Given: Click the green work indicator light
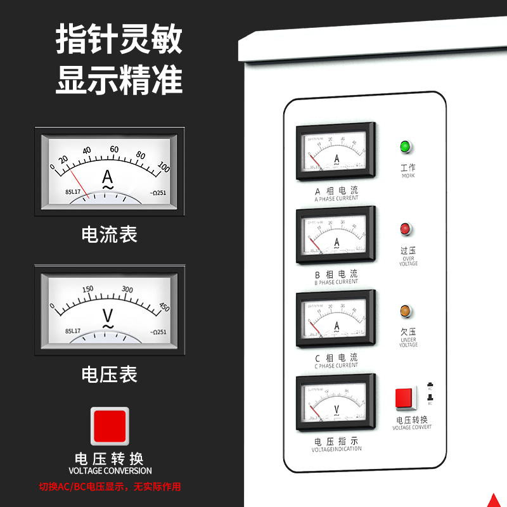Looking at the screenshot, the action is (x=405, y=148).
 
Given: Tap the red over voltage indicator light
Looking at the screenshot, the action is (x=405, y=229).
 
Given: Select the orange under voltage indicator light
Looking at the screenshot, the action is (x=405, y=311).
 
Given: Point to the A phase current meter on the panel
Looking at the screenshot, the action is (x=336, y=152).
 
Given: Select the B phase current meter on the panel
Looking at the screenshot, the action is (x=336, y=235).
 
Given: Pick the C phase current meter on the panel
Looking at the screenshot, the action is (x=336, y=319).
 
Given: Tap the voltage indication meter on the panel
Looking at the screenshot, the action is (x=336, y=402).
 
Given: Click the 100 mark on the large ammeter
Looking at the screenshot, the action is (x=164, y=167).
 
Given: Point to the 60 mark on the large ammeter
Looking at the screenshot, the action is (x=114, y=149).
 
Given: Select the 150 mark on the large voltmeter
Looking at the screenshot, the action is (x=88, y=289).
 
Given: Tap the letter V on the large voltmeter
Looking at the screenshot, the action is (x=108, y=315).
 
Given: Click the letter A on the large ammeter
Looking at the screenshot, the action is (x=108, y=176).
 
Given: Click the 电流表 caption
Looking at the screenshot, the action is (x=109, y=235).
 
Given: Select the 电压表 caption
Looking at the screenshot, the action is (x=109, y=374).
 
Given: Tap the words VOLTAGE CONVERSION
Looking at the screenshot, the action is (x=110, y=471).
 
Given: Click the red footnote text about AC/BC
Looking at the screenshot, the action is (x=110, y=487).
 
